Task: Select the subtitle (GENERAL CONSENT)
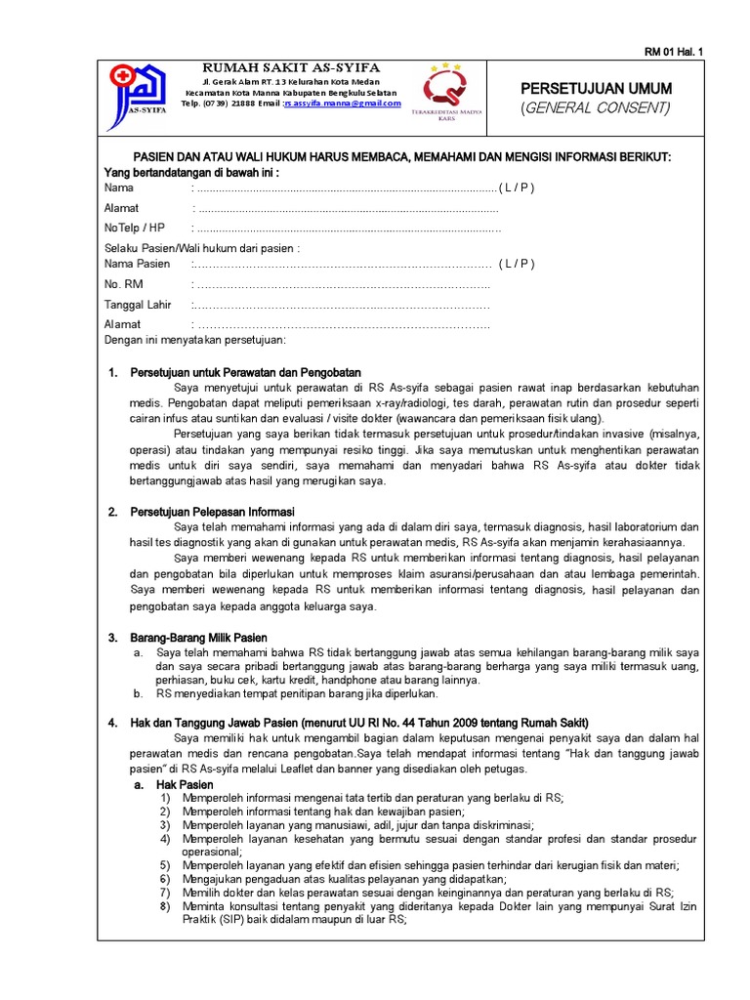[x=596, y=107]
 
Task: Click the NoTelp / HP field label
[x=135, y=228]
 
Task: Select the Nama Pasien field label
[x=137, y=264]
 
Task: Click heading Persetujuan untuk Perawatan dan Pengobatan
[x=246, y=372]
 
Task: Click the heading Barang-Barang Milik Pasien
[x=198, y=638]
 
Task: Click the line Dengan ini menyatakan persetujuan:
[x=194, y=340]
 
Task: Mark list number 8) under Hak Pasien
[x=165, y=906]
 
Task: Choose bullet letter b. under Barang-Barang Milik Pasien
[x=139, y=693]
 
